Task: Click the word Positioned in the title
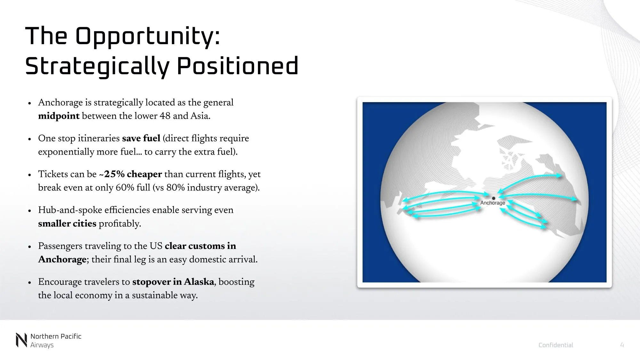[x=237, y=66]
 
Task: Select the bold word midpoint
[x=59, y=116]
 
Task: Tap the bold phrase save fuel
[x=141, y=139]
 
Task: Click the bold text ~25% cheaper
[x=130, y=174]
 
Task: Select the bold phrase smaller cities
[x=67, y=224]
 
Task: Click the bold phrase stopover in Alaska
[x=173, y=282]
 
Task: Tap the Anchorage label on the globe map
[x=492, y=203]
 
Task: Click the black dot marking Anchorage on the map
[x=493, y=198]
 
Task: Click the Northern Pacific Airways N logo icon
[x=21, y=340]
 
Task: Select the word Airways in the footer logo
[x=42, y=345]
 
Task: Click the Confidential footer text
[x=556, y=345]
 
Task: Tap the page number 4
[x=622, y=345]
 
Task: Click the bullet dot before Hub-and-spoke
[x=29, y=211]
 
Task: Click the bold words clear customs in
[x=200, y=246]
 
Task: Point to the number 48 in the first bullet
[x=165, y=116]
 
